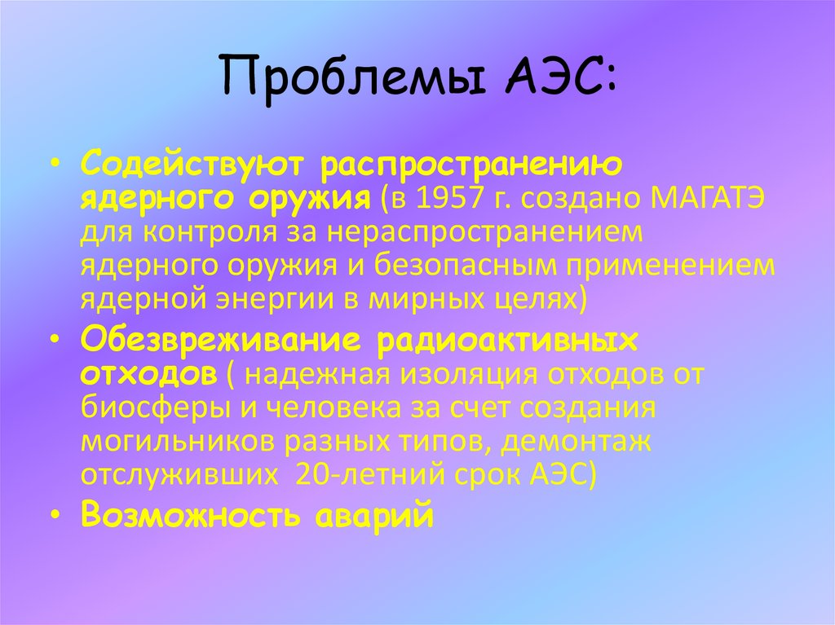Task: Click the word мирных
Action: (x=417, y=299)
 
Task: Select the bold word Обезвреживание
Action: (x=221, y=340)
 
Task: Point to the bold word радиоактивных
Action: (x=507, y=340)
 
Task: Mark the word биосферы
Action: (x=146, y=407)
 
